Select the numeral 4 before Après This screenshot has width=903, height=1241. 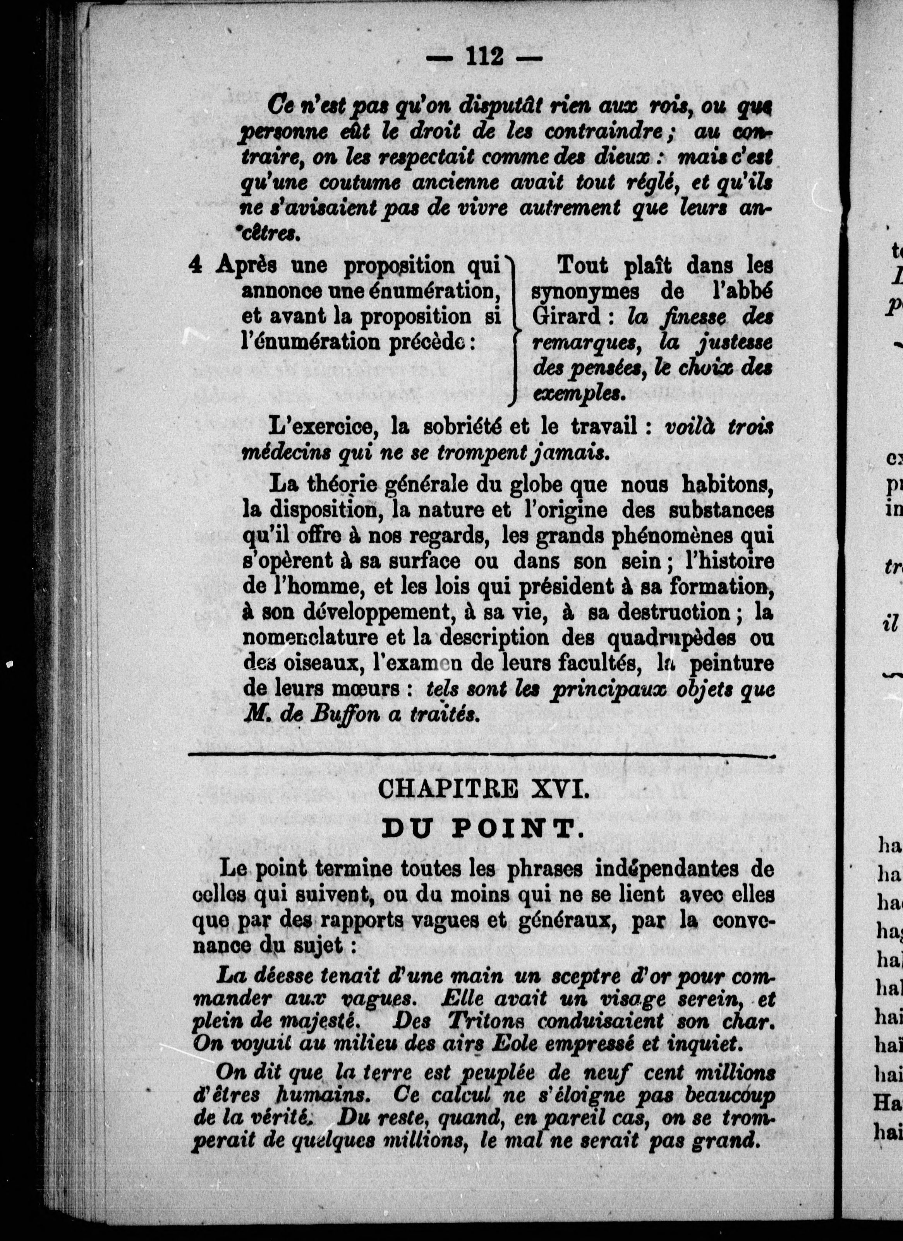click(x=196, y=265)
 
